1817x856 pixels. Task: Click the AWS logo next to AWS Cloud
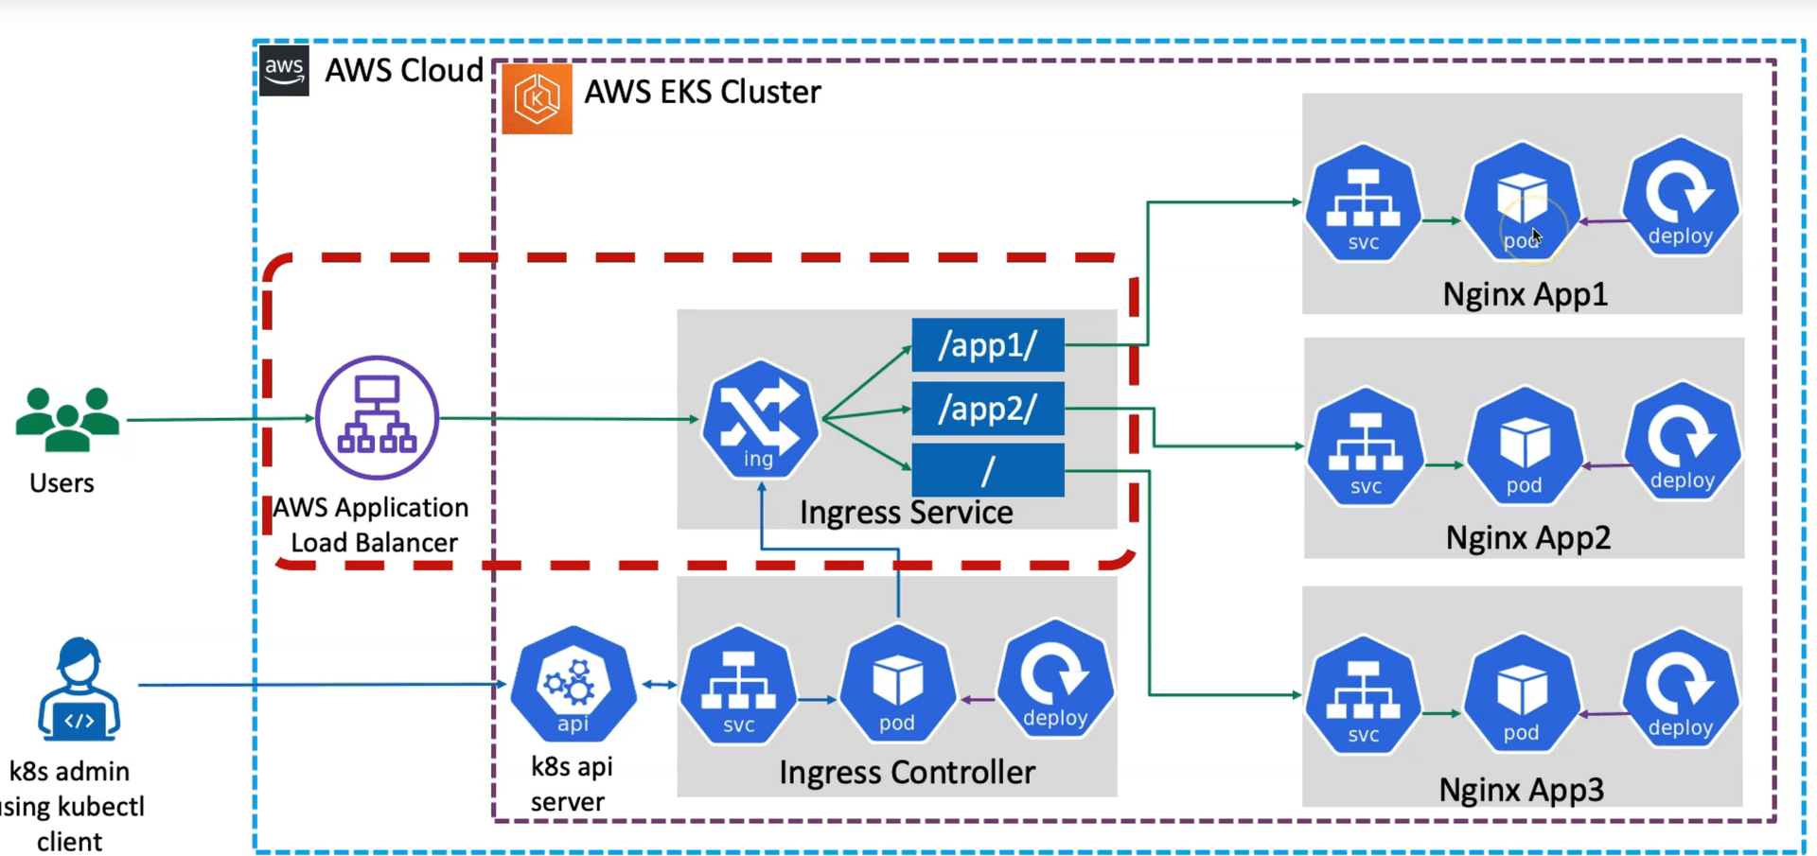tap(284, 71)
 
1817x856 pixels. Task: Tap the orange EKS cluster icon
tap(537, 98)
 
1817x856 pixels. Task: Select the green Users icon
tap(67, 419)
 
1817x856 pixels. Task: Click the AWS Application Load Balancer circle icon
tap(377, 417)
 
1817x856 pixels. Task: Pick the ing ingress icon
tap(759, 419)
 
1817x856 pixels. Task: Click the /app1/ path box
tap(987, 345)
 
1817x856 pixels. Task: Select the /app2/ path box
tap(987, 409)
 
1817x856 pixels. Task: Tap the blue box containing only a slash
tap(987, 470)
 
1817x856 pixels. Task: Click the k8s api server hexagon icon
tap(573, 684)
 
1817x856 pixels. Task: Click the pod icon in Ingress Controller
tap(897, 684)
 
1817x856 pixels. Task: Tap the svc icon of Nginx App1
tap(1363, 202)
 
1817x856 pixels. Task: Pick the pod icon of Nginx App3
tap(1522, 694)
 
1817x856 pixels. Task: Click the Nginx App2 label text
tap(1527, 538)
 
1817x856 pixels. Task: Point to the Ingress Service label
tap(906, 513)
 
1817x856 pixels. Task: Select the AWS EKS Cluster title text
tap(702, 93)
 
